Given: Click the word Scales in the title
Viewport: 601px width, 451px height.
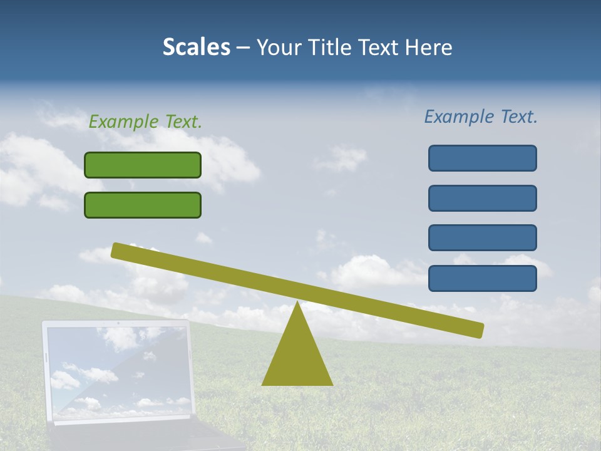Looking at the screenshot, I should click(196, 47).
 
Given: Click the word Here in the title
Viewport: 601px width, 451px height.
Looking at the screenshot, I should click(429, 47).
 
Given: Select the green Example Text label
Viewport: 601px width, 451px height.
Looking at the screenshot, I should click(145, 122).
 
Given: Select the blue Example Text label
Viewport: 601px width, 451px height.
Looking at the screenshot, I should click(481, 117).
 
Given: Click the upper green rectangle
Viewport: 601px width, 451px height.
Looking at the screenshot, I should click(143, 165).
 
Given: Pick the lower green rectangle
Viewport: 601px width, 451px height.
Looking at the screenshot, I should click(143, 205).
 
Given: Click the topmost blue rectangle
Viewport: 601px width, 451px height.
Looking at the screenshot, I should click(482, 158).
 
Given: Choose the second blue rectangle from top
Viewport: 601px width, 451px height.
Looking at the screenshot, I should click(482, 198).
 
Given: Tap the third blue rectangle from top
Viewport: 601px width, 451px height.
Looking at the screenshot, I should click(482, 237).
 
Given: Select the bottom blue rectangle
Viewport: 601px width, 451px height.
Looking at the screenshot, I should click(482, 278).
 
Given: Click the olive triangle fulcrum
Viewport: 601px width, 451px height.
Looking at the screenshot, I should click(297, 357).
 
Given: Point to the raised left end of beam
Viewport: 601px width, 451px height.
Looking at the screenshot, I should click(116, 250).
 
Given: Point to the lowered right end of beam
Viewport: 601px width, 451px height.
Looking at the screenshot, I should click(478, 329).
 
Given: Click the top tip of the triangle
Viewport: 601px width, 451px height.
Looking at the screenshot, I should click(297, 304).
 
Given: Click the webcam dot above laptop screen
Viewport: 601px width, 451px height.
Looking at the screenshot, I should click(118, 323).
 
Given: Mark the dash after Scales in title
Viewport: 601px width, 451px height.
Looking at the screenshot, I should click(243, 48).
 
